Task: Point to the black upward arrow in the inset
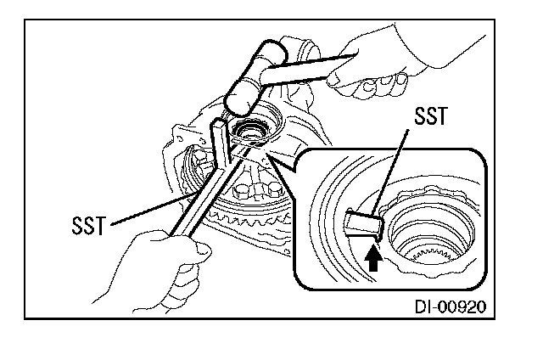tap(372, 256)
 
